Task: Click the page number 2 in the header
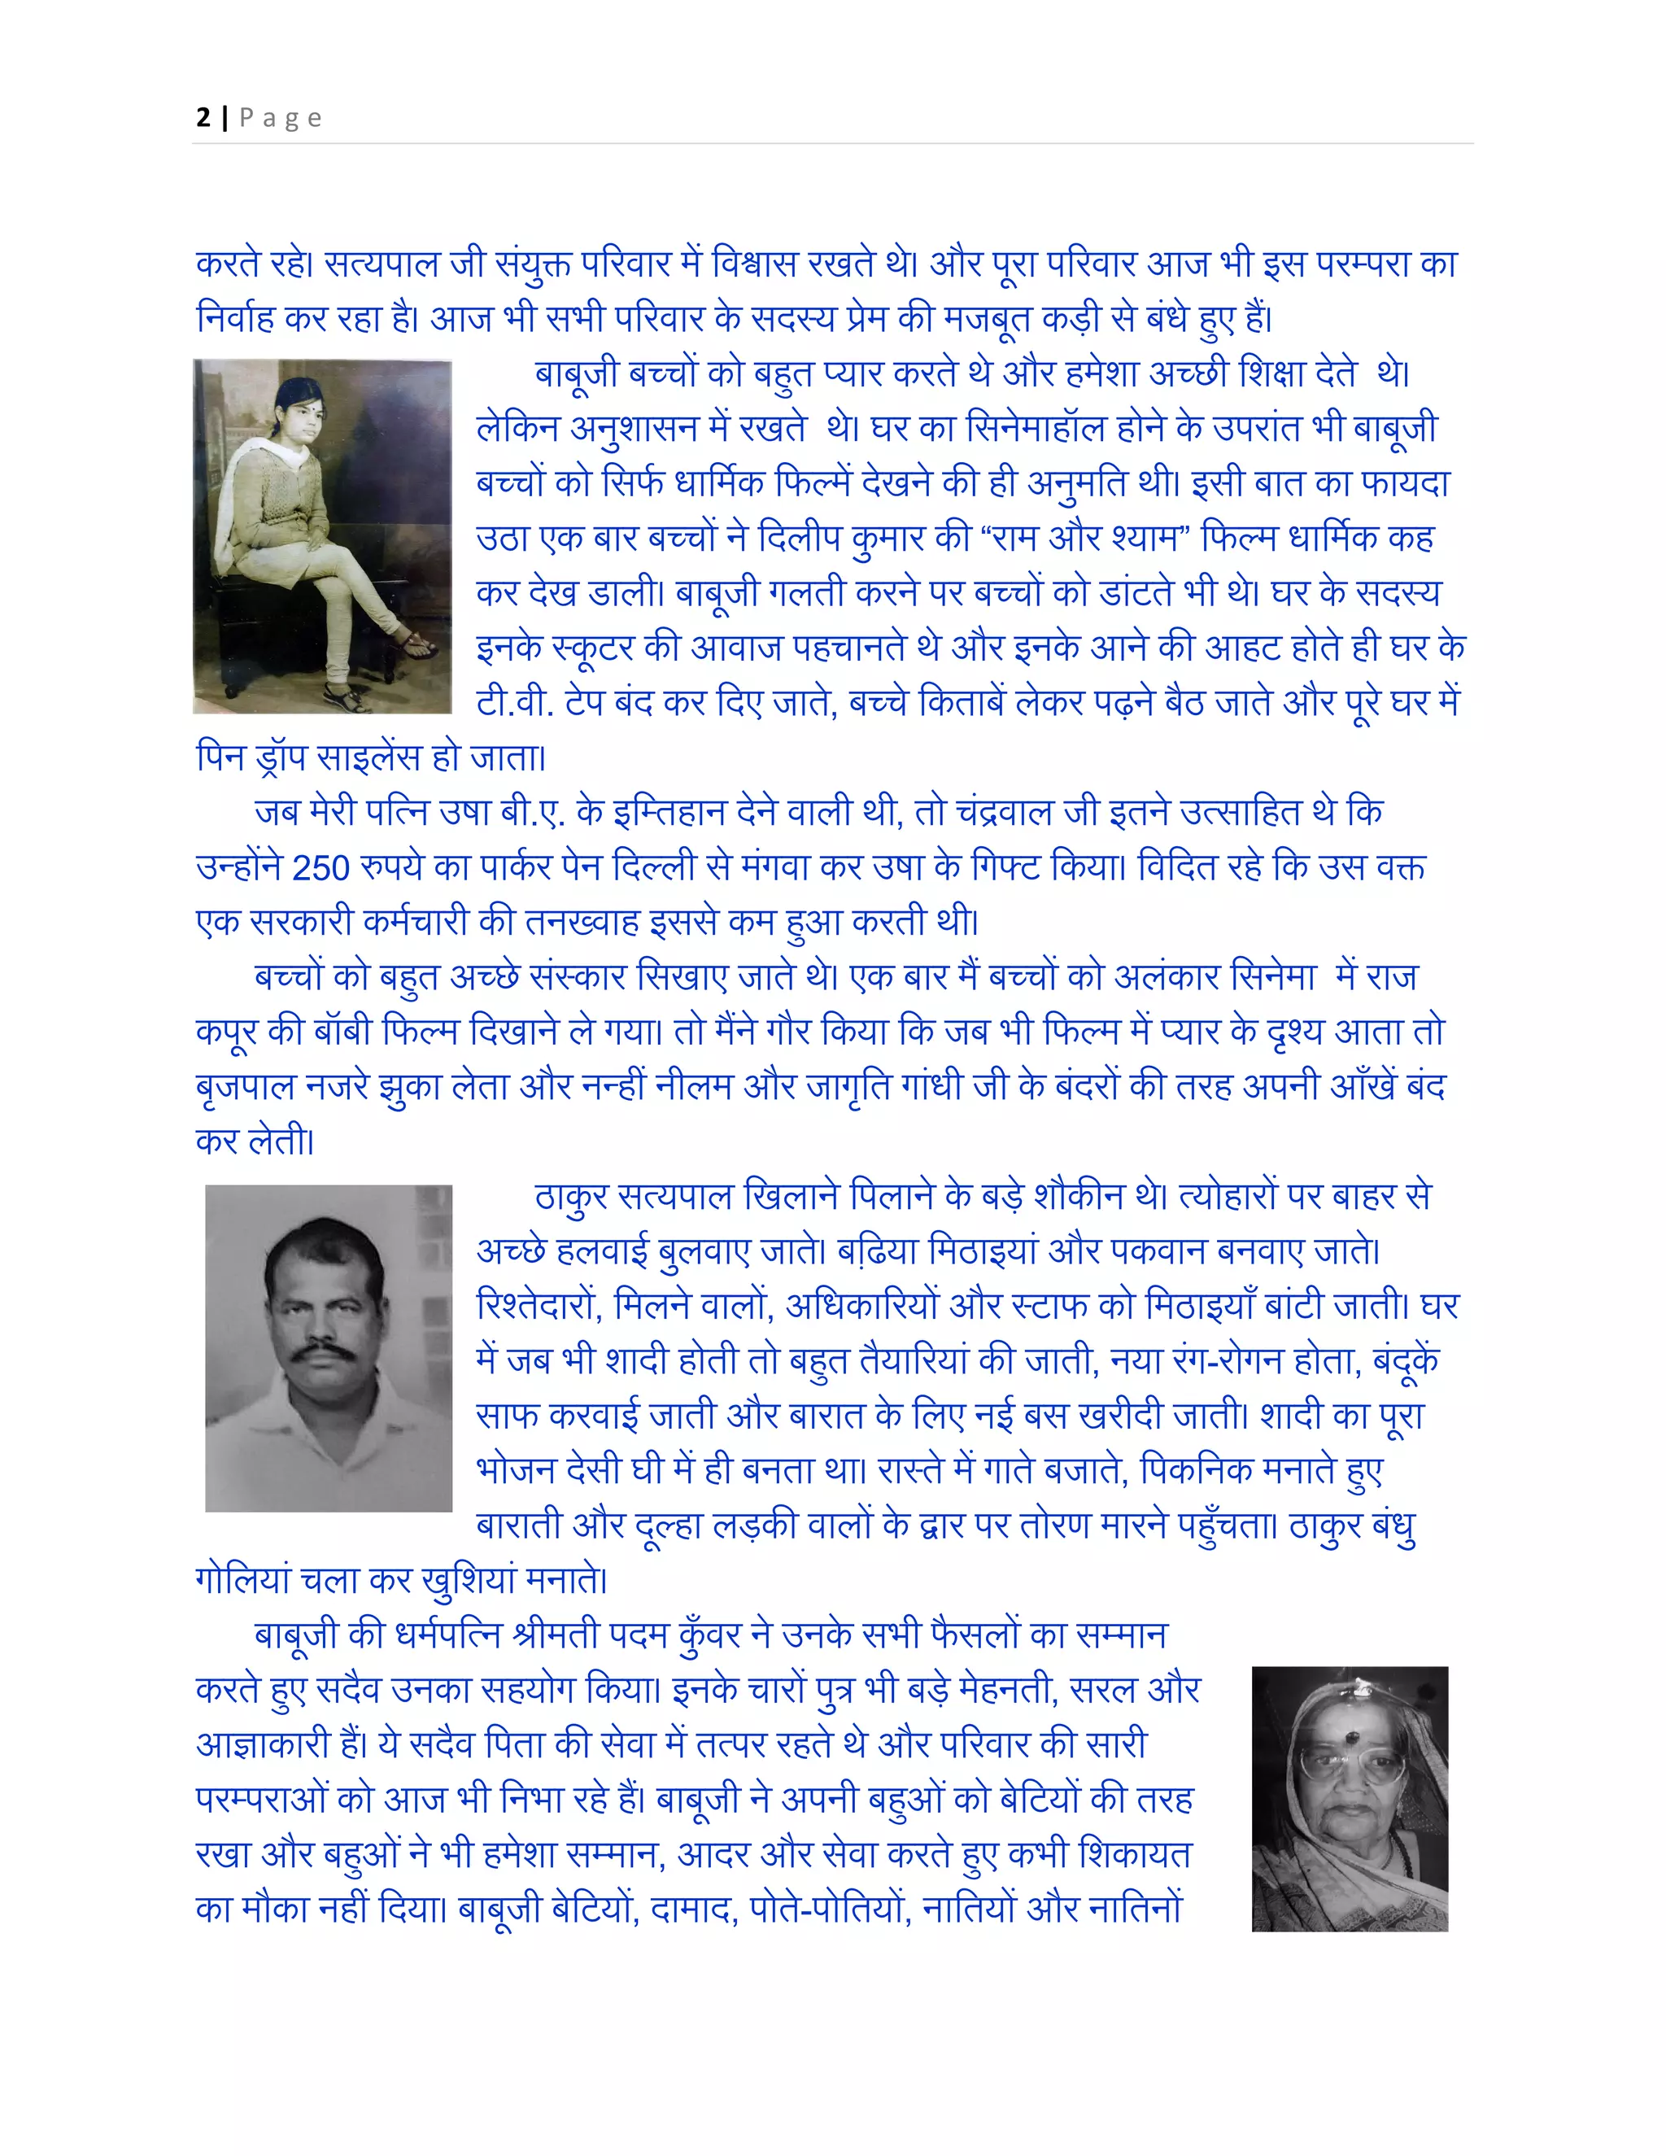point(203,117)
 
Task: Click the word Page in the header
point(281,119)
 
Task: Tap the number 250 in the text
point(321,868)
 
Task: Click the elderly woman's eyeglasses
point(1352,1767)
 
